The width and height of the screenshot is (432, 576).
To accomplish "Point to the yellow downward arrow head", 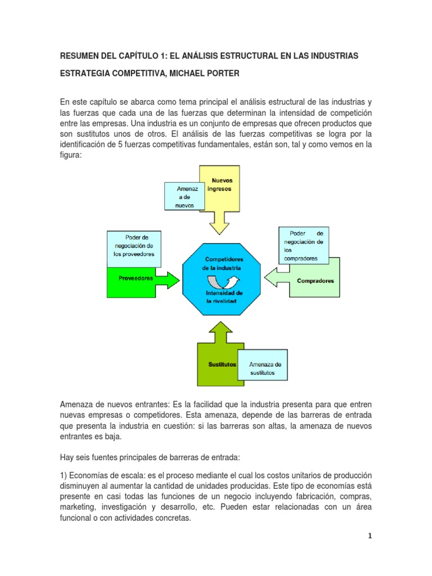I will coord(219,226).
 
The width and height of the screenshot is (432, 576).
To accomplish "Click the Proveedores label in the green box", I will coord(136,278).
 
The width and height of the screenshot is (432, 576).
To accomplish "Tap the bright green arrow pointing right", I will coord(169,278).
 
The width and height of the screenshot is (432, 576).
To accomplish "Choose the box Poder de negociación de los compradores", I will coord(304,246).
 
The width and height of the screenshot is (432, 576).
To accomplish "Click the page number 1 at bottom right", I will coord(369,536).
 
